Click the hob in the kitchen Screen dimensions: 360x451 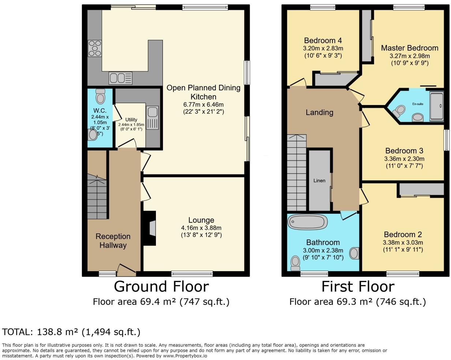coord(94,48)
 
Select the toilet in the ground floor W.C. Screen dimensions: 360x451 coord(100,97)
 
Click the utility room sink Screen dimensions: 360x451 coord(153,118)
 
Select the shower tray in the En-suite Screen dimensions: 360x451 coord(436,106)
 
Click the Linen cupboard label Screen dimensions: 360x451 coord(319,180)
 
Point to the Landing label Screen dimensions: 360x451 coord(319,112)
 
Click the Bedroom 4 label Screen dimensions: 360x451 coord(323,40)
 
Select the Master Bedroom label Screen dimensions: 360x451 coord(409,48)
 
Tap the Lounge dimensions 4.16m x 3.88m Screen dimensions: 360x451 coord(201,228)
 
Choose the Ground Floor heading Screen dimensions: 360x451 coord(161,286)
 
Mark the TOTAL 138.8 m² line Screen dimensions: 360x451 coord(71,332)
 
